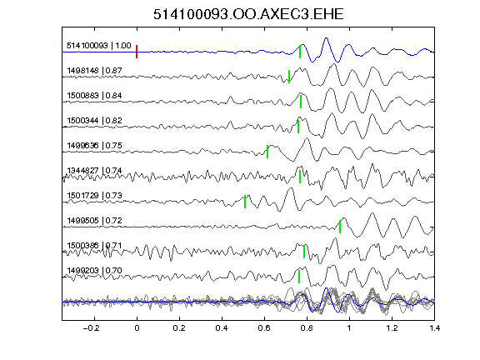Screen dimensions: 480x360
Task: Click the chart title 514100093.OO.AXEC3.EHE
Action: pos(248,14)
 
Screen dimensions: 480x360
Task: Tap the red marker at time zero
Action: pos(137,52)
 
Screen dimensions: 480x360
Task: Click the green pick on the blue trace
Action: pos(300,52)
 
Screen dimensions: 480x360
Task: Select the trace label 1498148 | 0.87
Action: pos(95,71)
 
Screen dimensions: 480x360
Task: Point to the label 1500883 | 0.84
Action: pos(95,96)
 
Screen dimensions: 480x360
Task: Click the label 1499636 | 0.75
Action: pos(95,145)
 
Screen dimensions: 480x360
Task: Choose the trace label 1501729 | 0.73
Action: pos(95,195)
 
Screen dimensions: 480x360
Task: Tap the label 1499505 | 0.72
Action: pos(95,220)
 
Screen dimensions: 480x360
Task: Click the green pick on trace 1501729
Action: pos(245,202)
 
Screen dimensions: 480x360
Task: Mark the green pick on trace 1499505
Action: pos(340,227)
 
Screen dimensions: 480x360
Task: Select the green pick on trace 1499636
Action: pos(267,152)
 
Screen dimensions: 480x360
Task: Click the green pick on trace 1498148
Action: pos(289,77)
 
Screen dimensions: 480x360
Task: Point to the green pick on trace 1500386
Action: pos(304,252)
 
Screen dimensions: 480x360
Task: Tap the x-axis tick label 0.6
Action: pos(264,328)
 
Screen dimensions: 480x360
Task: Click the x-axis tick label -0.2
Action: pos(92,328)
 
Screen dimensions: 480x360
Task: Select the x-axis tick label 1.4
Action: pos(434,328)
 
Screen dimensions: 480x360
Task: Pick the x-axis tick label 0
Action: pos(137,328)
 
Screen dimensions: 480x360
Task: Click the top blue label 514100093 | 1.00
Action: pos(99,46)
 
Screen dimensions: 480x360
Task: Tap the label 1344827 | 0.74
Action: pos(95,171)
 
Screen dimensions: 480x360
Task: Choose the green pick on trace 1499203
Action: pos(299,277)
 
